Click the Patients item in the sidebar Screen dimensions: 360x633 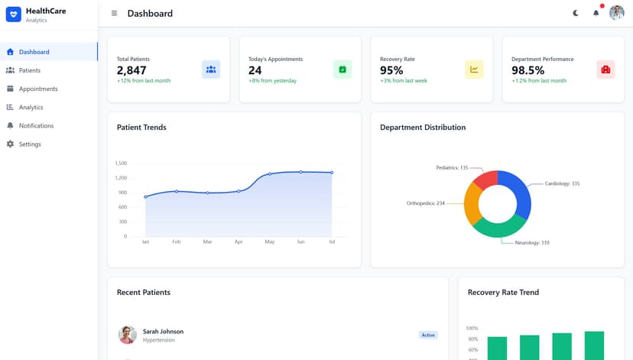click(x=29, y=70)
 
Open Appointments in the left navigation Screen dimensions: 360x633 click(x=37, y=89)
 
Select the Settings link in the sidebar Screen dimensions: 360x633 click(x=29, y=144)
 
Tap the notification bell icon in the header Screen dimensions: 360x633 click(x=596, y=13)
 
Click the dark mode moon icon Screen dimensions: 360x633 click(x=576, y=13)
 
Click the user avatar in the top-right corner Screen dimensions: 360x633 click(x=616, y=13)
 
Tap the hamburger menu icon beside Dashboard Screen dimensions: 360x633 click(x=115, y=13)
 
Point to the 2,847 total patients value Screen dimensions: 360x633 click(x=131, y=70)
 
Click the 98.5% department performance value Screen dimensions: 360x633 click(x=528, y=70)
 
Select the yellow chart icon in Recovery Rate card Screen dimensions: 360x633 click(x=474, y=70)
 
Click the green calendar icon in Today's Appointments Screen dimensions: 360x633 click(x=342, y=70)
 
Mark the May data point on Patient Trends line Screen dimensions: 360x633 click(x=269, y=174)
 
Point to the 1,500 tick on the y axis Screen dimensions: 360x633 click(x=121, y=163)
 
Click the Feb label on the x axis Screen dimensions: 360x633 click(x=176, y=242)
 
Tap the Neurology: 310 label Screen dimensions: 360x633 click(x=532, y=242)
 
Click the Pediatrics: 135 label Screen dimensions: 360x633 click(x=452, y=167)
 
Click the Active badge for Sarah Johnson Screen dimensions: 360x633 click(x=428, y=335)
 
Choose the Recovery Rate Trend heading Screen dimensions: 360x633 click(x=503, y=292)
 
